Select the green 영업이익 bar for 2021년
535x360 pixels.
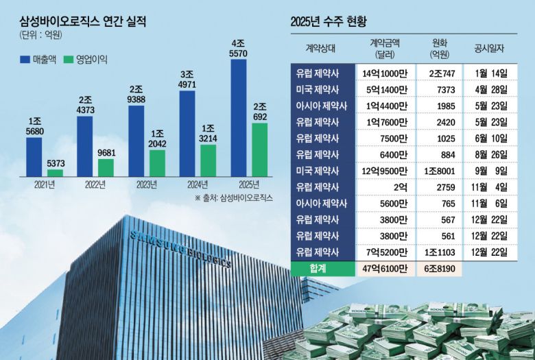click(x=55, y=173)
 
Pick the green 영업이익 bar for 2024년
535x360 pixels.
click(x=207, y=160)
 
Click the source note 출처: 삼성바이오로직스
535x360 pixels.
click(x=234, y=197)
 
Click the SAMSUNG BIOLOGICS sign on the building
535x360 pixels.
click(x=180, y=251)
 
